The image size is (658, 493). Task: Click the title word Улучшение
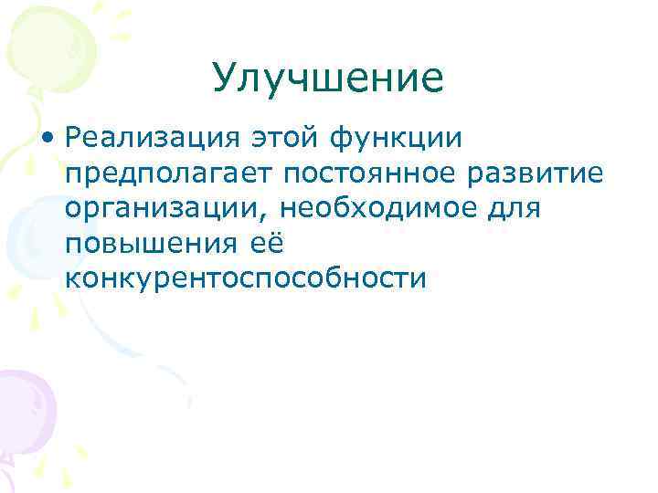327,79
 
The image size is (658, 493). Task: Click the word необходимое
372,208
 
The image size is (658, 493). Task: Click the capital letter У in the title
222,80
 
